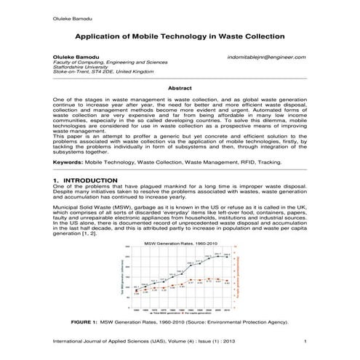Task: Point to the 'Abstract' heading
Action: click(x=180, y=87)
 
